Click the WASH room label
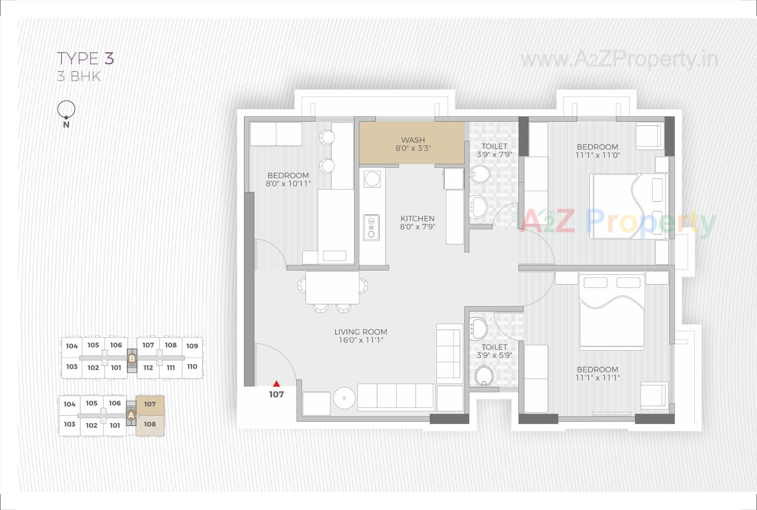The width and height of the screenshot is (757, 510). [413, 140]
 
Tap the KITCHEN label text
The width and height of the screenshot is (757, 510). [417, 218]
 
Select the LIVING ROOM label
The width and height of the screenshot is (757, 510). [360, 332]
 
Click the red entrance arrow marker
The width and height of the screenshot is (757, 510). [276, 384]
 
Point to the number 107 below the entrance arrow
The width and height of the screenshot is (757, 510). [276, 394]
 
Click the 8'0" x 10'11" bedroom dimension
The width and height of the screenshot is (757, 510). [288, 184]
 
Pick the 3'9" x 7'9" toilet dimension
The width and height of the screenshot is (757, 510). [494, 154]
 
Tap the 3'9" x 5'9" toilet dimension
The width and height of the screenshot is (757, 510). [494, 355]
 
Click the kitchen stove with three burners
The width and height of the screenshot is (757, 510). [371, 228]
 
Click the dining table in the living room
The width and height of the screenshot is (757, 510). [332, 287]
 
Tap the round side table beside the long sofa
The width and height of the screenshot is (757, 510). [344, 398]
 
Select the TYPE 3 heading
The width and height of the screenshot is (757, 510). [86, 58]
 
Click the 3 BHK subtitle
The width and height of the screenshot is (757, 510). [79, 76]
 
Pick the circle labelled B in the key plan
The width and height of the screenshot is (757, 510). [132, 358]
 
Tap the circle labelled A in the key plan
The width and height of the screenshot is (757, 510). [131, 415]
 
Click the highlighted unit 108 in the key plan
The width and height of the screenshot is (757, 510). [150, 425]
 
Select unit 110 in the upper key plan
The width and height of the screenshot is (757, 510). [192, 367]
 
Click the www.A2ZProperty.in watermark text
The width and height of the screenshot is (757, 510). [619, 60]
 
